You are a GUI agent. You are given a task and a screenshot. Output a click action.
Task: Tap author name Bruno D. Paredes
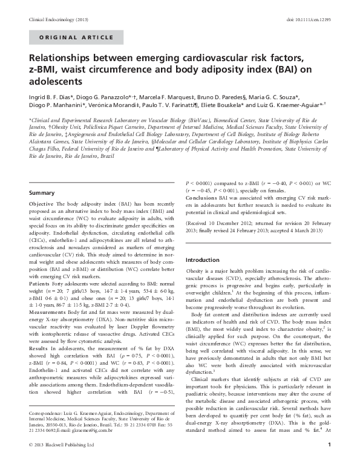[219, 96]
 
